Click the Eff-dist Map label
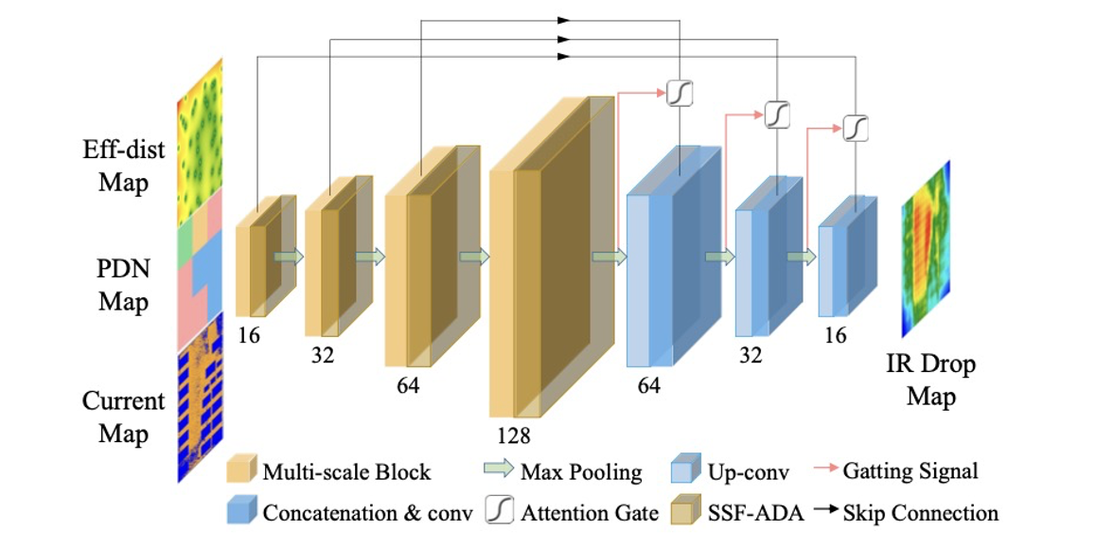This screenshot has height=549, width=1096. point(124,166)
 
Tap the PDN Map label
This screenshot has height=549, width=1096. point(124,285)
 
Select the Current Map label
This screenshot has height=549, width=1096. point(124,416)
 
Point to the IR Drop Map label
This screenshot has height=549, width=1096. point(930,380)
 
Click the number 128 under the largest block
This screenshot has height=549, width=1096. point(514,435)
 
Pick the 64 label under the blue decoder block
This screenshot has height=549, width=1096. point(648,384)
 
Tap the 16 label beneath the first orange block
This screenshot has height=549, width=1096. point(248,336)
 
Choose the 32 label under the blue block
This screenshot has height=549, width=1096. point(750,355)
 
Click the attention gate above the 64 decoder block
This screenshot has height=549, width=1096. point(680,93)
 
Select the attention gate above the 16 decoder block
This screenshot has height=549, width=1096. point(855,128)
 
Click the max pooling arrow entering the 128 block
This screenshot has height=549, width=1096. point(474,257)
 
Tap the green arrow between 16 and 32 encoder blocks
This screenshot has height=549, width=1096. point(289,257)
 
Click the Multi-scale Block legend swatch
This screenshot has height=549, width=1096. point(241,469)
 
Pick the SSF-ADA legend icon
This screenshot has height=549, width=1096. point(685,510)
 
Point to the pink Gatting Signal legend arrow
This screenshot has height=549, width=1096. point(826,468)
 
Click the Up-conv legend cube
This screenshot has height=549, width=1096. point(685,469)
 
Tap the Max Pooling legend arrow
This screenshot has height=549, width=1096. point(499,469)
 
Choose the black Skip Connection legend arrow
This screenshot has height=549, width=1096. point(826,509)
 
